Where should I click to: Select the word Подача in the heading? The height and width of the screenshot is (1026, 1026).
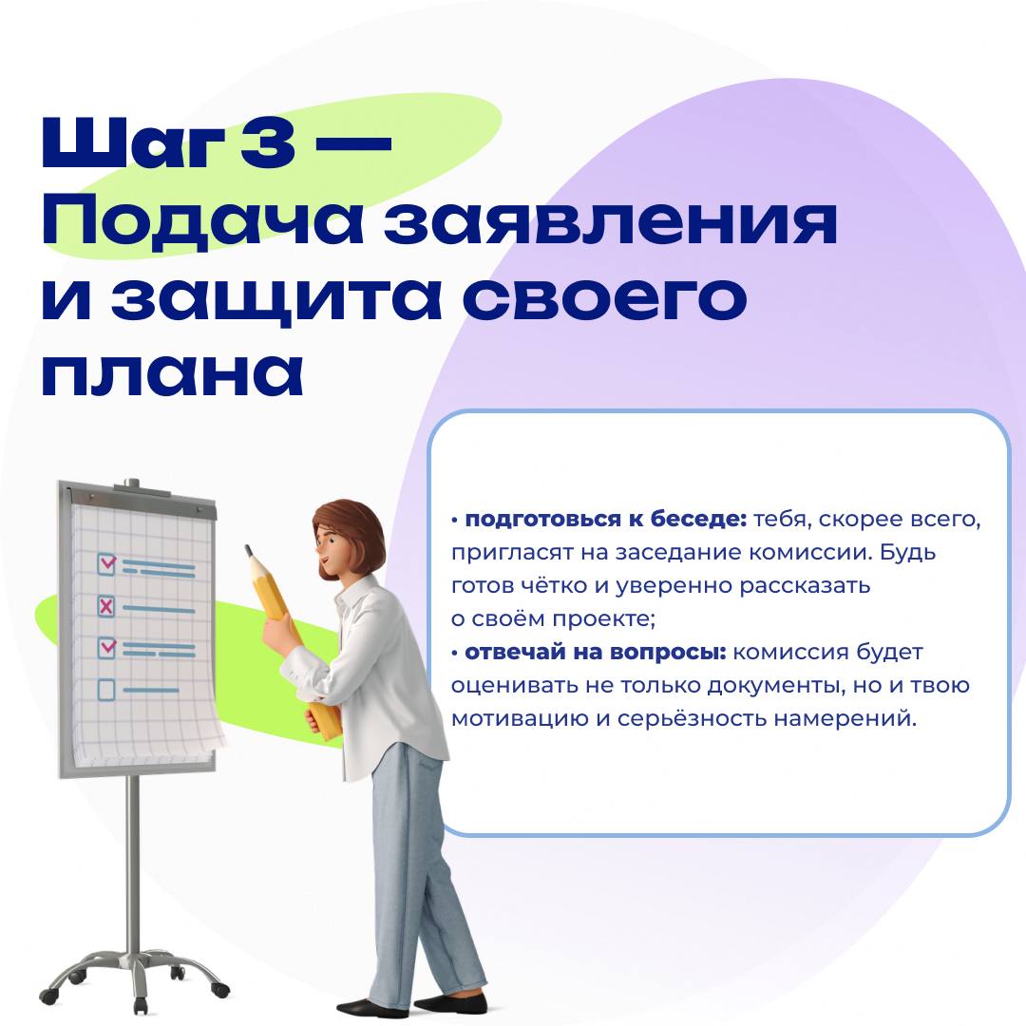202,221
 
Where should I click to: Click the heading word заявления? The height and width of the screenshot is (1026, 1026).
611,222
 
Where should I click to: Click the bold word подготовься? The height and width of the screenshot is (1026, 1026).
543,520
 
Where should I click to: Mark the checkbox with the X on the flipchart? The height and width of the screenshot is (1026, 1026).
105,606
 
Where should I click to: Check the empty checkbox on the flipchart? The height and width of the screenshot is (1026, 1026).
106,690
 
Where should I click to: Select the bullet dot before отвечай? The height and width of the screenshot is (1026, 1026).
455,653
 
